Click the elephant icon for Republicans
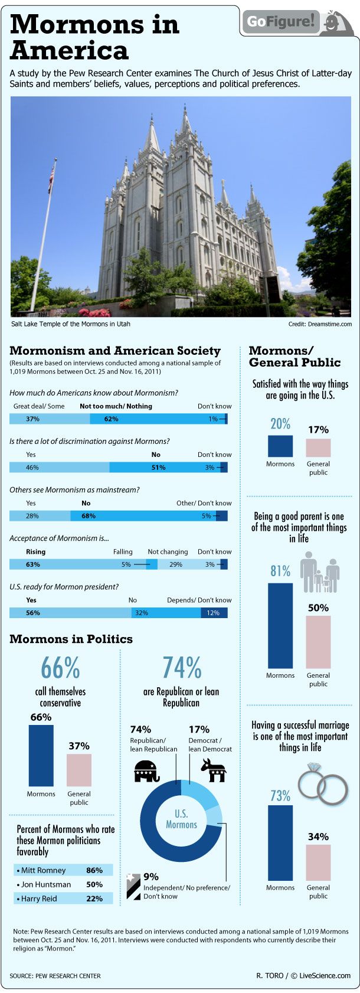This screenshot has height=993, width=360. (x=147, y=770)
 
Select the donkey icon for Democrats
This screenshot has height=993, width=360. (x=212, y=770)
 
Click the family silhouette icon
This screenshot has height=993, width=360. (x=320, y=572)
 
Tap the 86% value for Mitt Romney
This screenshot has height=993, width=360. (x=94, y=870)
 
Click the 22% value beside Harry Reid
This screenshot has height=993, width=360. (x=94, y=899)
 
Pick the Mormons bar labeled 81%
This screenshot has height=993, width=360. (x=280, y=625)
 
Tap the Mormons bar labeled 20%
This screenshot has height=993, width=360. (x=280, y=446)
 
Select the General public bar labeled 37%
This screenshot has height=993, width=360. (x=79, y=770)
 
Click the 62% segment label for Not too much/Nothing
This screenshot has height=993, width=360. (x=111, y=419)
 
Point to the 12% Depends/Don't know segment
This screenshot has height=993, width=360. (x=214, y=613)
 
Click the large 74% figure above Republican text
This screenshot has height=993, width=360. (x=182, y=668)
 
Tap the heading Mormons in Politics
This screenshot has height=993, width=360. (x=71, y=639)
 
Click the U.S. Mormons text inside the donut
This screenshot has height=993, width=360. (x=181, y=819)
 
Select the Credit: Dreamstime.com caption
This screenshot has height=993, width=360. (x=320, y=324)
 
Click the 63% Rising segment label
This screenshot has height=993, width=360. (x=33, y=564)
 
